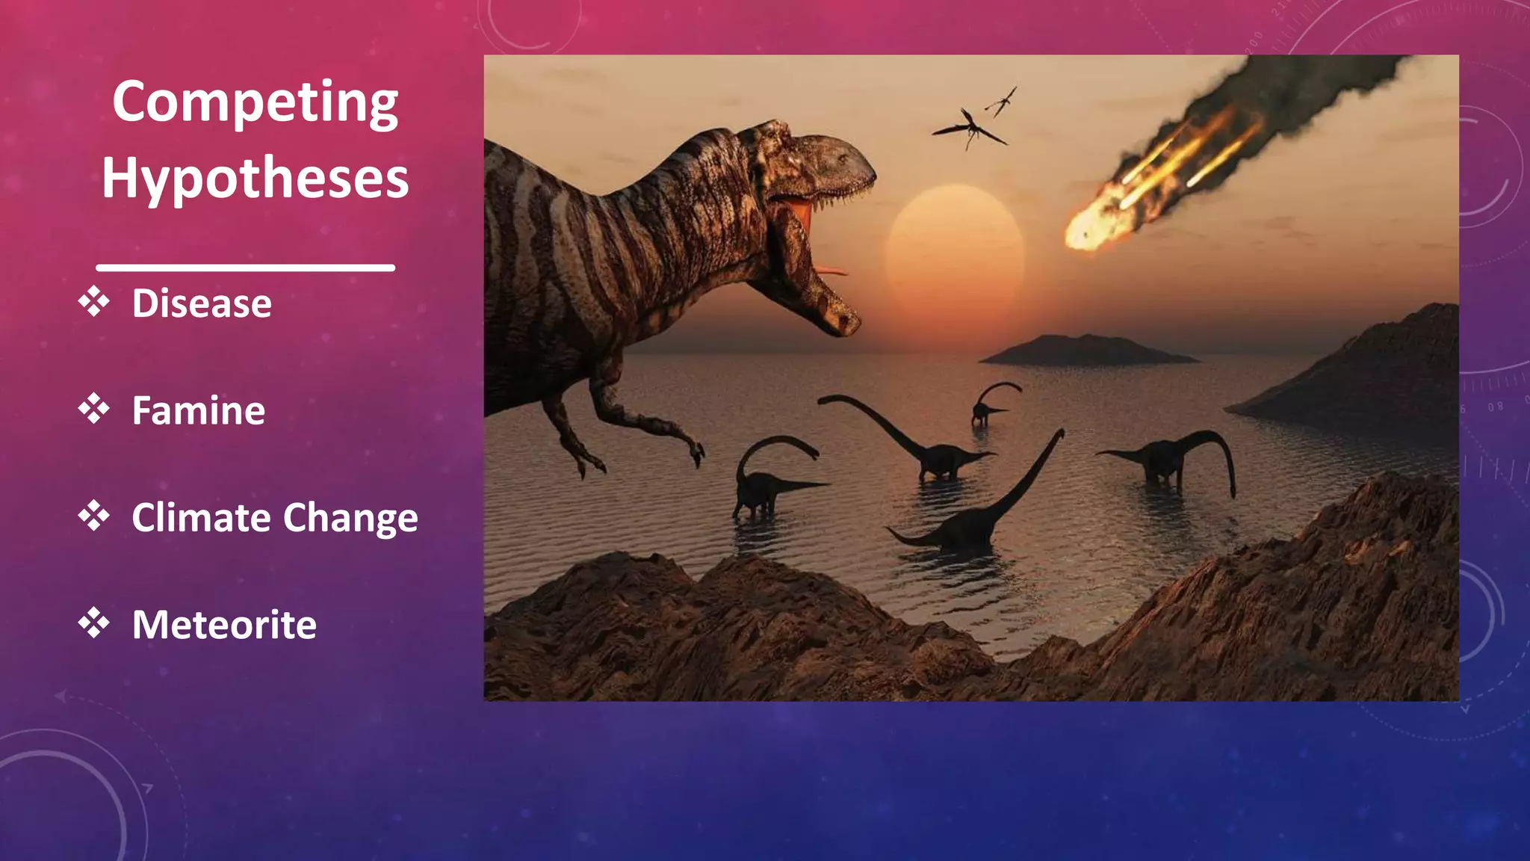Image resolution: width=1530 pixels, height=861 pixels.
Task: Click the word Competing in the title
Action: tap(255, 103)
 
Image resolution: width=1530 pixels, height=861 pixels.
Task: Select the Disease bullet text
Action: tap(202, 303)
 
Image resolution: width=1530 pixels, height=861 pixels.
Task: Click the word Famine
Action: tap(198, 410)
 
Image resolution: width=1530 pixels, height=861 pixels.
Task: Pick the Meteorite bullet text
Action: tap(224, 625)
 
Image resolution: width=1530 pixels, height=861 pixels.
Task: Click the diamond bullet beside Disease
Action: tap(93, 302)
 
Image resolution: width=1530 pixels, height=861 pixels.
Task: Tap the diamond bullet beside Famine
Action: tap(93, 409)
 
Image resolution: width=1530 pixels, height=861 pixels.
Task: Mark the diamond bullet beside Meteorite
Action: tap(93, 623)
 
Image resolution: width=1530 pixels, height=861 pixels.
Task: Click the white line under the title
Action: tap(245, 267)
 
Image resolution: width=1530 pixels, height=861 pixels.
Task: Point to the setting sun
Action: tap(954, 254)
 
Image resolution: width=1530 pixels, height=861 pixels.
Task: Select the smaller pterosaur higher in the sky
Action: tap(1003, 100)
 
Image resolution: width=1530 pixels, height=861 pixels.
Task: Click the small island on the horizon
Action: tap(1087, 350)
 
